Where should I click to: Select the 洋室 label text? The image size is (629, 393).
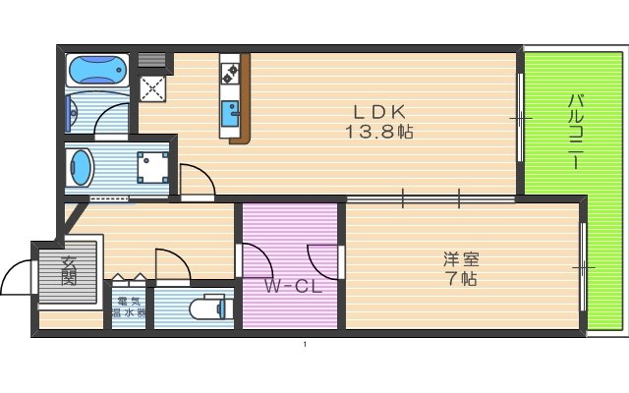coord(460,259)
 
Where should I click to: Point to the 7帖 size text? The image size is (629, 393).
coord(460,278)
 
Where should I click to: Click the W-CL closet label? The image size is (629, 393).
coord(292,287)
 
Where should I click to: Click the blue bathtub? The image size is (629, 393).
coord(95,71)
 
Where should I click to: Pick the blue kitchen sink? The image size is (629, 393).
coord(231,109)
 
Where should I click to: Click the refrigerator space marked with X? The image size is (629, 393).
coord(153,89)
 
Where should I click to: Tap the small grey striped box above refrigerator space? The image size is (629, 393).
coord(153,61)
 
